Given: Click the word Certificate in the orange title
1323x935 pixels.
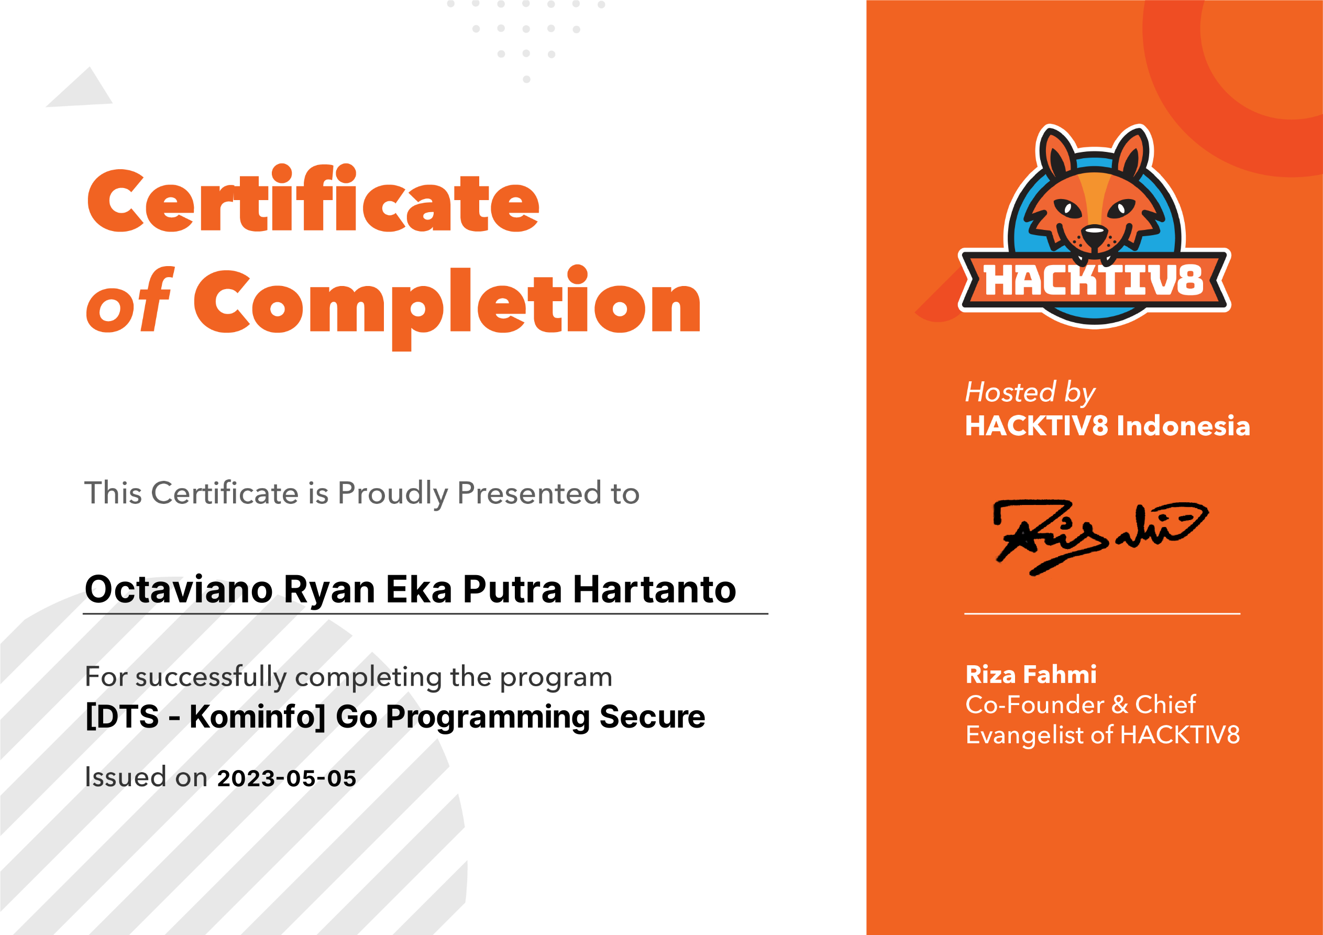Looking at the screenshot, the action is tap(313, 199).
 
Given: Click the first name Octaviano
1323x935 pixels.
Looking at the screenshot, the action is tap(179, 589).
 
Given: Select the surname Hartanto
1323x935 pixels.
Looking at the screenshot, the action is tap(655, 589).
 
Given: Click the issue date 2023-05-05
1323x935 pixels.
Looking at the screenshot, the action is tap(286, 778).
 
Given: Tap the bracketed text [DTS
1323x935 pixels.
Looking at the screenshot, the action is tap(122, 717).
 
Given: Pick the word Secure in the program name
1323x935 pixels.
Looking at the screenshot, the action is tap(652, 717).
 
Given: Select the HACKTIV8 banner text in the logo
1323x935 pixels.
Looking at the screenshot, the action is tap(1094, 281).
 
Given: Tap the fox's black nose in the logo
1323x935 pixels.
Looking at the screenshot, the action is tap(1094, 234).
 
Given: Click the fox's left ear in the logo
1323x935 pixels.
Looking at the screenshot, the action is tap(1056, 151).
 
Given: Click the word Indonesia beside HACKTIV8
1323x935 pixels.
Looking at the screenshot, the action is tap(1184, 426).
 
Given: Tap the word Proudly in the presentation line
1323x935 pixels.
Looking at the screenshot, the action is tap(393, 494).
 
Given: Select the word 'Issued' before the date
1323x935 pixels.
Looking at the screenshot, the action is tap(126, 776).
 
